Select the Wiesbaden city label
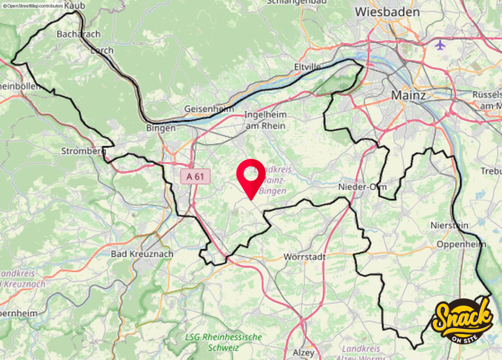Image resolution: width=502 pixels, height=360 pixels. tap(387, 12)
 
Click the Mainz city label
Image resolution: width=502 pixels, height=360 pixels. tap(408, 95)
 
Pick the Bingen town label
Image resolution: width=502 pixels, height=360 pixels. tap(161, 128)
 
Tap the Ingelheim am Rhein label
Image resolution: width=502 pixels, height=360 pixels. tap(264, 120)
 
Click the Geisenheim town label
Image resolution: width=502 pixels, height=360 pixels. tap(209, 109)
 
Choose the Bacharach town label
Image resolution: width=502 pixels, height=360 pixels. tap(78, 34)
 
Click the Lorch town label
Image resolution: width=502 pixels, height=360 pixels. tap(102, 50)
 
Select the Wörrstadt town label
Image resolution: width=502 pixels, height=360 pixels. tap(304, 257)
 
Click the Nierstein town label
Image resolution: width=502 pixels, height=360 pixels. tap(449, 226)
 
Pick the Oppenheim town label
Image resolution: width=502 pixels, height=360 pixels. tap(461, 244)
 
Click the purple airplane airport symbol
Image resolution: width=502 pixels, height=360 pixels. tap(440, 45)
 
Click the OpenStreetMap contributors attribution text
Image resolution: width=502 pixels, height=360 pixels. tap(33, 5)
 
